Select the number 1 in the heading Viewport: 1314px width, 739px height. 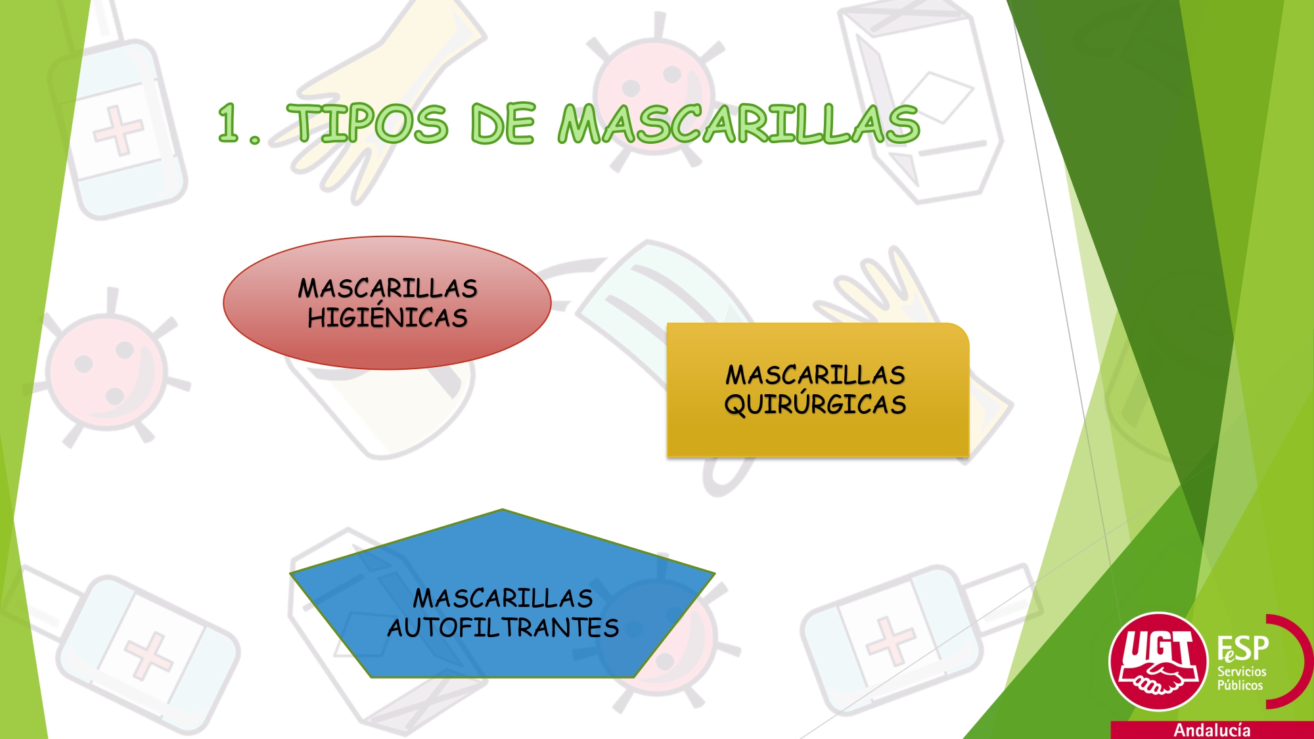pyautogui.click(x=229, y=122)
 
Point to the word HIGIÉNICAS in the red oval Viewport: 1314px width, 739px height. pyautogui.click(x=387, y=317)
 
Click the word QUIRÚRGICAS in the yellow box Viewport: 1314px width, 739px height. pyautogui.click(x=815, y=403)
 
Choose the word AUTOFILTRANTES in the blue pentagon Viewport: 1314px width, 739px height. pyautogui.click(x=503, y=627)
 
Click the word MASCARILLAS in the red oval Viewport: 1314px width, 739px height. pyautogui.click(x=387, y=288)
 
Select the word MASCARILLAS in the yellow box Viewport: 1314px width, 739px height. pyautogui.click(x=815, y=374)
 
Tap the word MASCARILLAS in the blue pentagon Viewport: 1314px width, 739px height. pyautogui.click(x=503, y=598)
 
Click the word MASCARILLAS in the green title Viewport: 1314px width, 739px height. pyautogui.click(x=739, y=123)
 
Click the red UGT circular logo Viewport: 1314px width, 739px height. pyautogui.click(x=1158, y=661)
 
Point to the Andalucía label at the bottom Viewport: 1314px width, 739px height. pyautogui.click(x=1212, y=730)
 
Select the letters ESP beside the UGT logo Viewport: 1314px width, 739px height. pyautogui.click(x=1242, y=649)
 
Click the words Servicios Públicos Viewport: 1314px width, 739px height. pyautogui.click(x=1242, y=678)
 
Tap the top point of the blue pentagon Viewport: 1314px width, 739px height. pyautogui.click(x=502, y=509)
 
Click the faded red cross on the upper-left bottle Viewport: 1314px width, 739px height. pyautogui.click(x=118, y=131)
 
